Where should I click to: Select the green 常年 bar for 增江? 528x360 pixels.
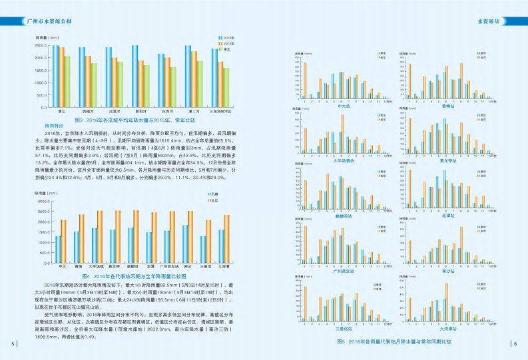click(67, 81)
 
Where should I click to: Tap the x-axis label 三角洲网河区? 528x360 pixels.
click(220, 112)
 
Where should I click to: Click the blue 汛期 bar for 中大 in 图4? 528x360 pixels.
click(59, 249)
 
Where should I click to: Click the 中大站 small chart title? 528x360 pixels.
click(345, 105)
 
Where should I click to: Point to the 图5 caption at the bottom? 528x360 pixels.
click(394, 341)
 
